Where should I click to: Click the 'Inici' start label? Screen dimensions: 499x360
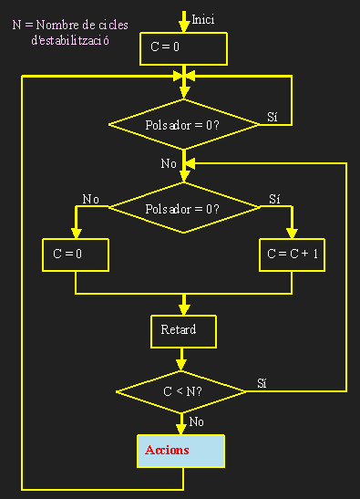click(x=203, y=19)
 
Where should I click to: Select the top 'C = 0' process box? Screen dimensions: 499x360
click(x=183, y=49)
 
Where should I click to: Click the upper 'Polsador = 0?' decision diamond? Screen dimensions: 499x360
click(x=183, y=123)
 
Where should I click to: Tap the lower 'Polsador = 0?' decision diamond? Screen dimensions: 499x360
click(x=183, y=207)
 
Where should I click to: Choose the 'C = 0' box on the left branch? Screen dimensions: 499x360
click(x=75, y=255)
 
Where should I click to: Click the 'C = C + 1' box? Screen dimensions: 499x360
click(x=293, y=255)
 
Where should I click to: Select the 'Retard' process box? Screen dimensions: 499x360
click(x=183, y=330)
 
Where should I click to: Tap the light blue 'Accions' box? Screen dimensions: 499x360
click(x=180, y=450)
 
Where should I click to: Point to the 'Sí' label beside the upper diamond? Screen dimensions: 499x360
click(x=272, y=117)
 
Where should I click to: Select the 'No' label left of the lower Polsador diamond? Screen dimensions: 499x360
click(x=90, y=198)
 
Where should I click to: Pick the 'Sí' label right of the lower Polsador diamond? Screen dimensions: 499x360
click(x=275, y=198)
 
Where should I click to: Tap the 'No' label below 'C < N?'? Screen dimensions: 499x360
click(x=196, y=421)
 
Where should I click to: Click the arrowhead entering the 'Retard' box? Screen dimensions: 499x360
click(x=184, y=308)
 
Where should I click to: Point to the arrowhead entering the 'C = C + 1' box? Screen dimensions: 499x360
click(x=293, y=233)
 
